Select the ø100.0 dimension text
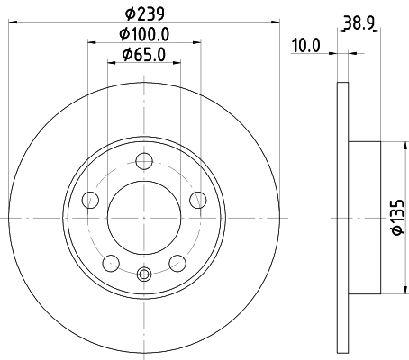[144, 34]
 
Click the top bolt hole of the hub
[143, 162]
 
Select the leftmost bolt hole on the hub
[90, 201]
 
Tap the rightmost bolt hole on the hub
[196, 201]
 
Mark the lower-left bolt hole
[111, 262]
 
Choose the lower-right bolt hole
[177, 262]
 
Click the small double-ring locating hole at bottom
[143, 274]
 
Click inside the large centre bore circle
[143, 217]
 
